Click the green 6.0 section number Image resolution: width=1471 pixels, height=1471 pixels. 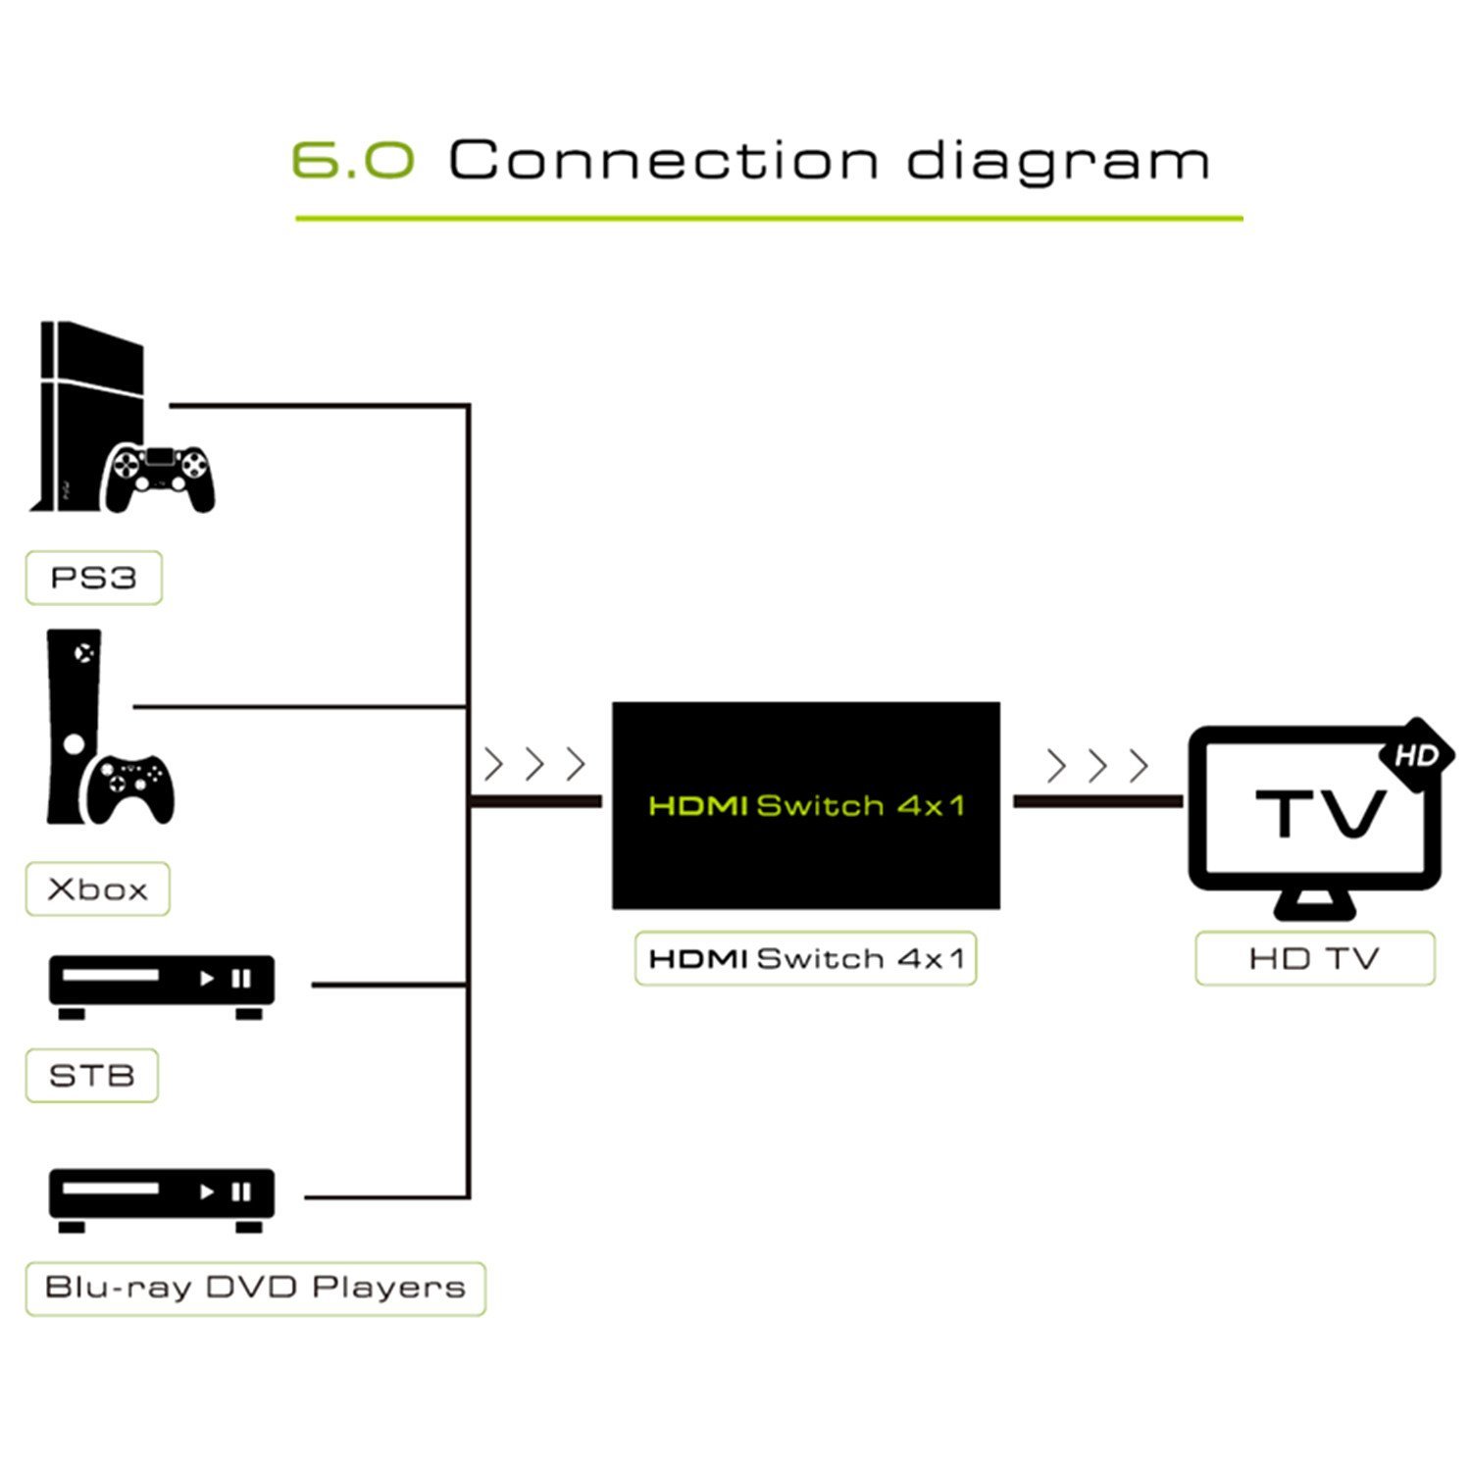click(x=353, y=160)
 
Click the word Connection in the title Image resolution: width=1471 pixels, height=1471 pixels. click(x=663, y=160)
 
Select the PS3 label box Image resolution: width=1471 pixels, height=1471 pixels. click(x=93, y=578)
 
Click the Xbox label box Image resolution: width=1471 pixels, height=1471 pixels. click(x=97, y=889)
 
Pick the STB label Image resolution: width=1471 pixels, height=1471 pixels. click(x=91, y=1076)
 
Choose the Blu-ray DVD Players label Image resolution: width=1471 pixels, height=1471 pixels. click(x=255, y=1288)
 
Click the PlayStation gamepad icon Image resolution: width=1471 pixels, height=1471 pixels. click(x=160, y=478)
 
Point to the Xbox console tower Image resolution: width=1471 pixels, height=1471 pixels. click(x=74, y=726)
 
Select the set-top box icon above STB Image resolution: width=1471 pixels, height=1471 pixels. click(x=162, y=986)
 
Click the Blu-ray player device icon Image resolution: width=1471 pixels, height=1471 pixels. click(x=162, y=1199)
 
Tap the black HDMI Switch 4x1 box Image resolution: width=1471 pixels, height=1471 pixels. click(x=806, y=805)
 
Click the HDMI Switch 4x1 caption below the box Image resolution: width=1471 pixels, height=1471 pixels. click(x=806, y=958)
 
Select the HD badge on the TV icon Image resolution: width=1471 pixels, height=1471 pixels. click(x=1416, y=756)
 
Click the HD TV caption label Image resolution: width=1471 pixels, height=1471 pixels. click(x=1315, y=958)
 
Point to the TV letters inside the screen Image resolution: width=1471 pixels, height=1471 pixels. click(x=1321, y=813)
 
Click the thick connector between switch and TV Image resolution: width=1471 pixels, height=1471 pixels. click(x=1098, y=801)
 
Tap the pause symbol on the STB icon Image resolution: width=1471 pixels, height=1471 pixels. click(x=240, y=979)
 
